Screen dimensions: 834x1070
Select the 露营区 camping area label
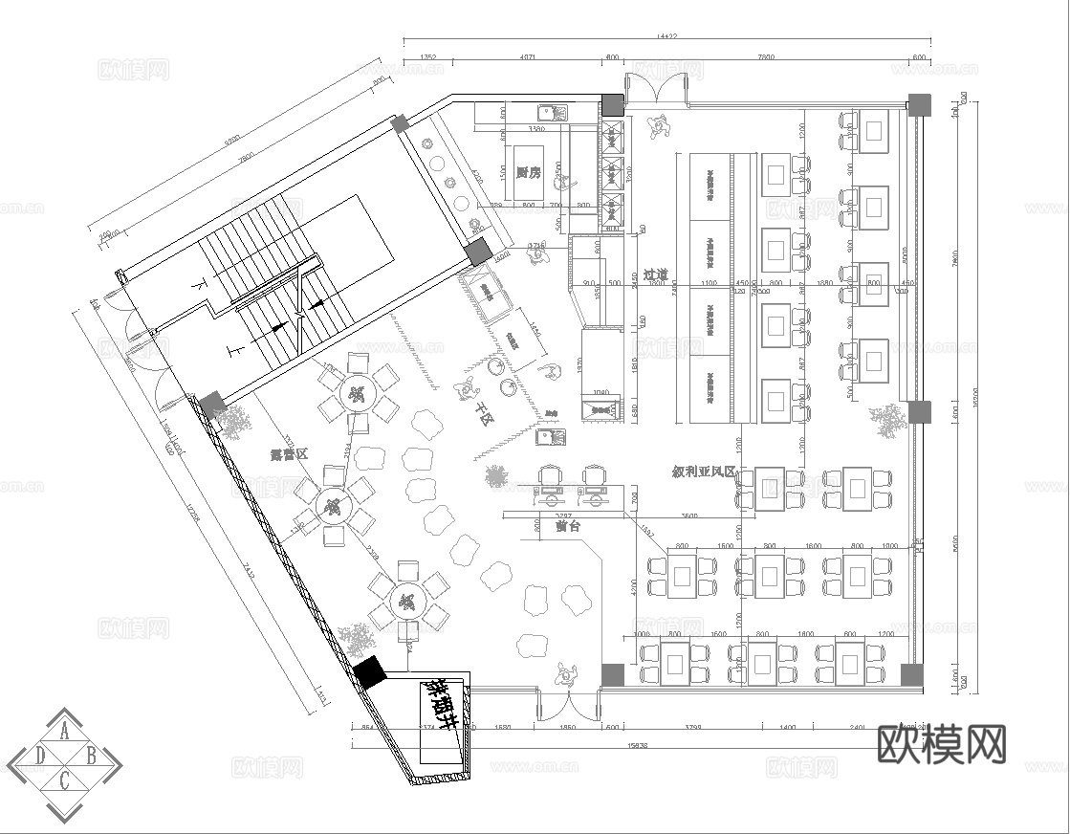(x=289, y=456)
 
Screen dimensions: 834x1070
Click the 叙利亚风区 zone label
(x=703, y=472)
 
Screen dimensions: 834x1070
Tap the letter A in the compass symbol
(x=64, y=733)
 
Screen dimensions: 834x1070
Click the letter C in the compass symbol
(x=64, y=781)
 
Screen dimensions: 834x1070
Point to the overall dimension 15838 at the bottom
(x=637, y=746)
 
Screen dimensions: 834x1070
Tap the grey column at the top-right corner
(x=918, y=104)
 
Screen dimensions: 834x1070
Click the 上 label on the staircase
(x=236, y=351)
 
